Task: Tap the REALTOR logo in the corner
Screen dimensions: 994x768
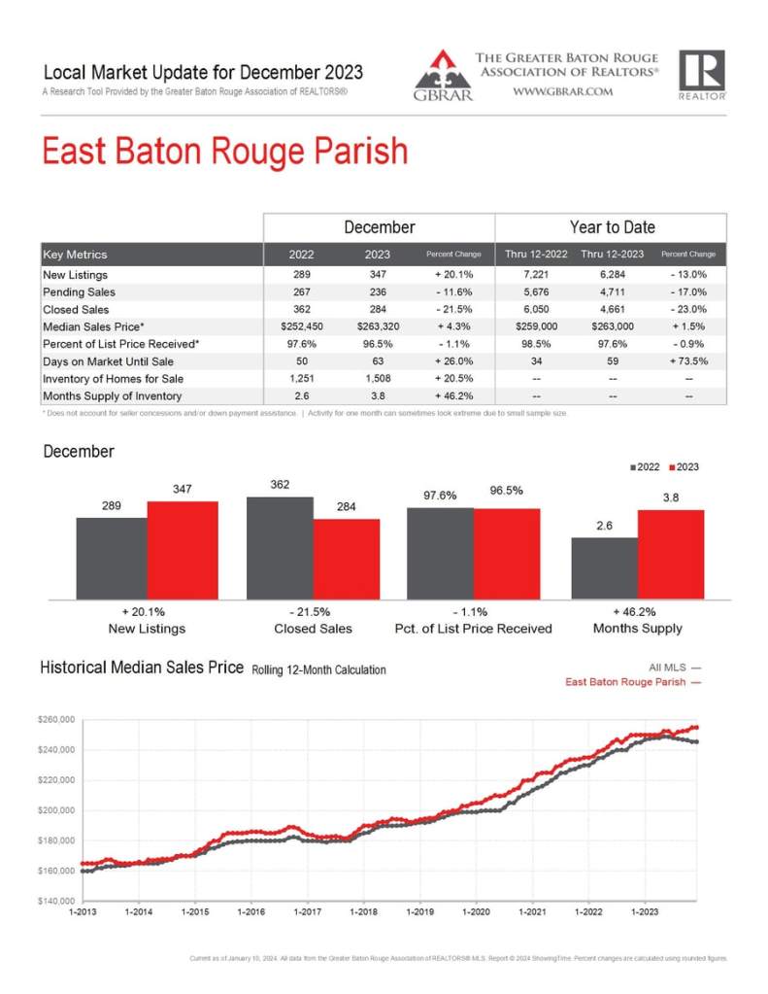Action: [x=701, y=75]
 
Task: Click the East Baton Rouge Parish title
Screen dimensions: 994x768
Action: [x=224, y=154]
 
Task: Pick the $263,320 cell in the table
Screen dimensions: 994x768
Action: [x=378, y=326]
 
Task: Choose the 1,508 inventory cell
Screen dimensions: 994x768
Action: [x=378, y=379]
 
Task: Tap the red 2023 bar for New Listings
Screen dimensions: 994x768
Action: [x=183, y=550]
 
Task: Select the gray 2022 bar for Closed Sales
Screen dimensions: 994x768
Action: [x=280, y=548]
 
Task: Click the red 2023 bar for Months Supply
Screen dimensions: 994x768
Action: [x=671, y=554]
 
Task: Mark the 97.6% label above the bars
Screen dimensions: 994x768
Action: [x=440, y=496]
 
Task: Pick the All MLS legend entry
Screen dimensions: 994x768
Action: [x=674, y=667]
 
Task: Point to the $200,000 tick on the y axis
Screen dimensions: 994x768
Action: [x=56, y=810]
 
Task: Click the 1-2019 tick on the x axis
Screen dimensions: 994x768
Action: [x=420, y=912]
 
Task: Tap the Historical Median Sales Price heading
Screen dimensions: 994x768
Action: [x=142, y=668]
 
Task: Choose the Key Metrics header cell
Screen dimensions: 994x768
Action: [x=76, y=255]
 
